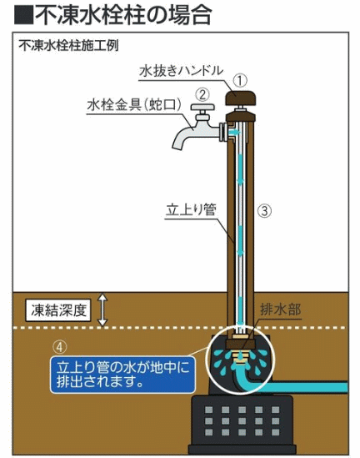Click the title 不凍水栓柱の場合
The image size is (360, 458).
click(122, 14)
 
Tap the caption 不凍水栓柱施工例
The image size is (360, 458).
click(68, 46)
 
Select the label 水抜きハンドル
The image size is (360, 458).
click(181, 71)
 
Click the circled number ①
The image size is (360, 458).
click(241, 80)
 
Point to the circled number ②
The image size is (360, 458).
click(202, 94)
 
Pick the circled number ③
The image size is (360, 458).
click(264, 210)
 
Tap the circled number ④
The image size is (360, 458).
click(59, 347)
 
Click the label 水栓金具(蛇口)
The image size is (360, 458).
click(134, 105)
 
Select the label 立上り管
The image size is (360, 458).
click(191, 209)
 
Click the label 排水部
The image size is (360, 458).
click(280, 310)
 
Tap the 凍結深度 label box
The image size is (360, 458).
click(58, 310)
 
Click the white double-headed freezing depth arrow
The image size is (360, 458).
click(102, 310)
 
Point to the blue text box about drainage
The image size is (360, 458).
click(122, 375)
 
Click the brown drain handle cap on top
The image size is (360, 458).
click(241, 98)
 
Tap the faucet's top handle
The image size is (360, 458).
click(202, 107)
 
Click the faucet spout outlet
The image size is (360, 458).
click(177, 145)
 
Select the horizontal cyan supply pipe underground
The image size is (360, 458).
click(297, 387)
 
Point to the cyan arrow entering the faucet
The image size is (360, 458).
click(233, 133)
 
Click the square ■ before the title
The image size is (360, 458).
click(24, 15)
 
